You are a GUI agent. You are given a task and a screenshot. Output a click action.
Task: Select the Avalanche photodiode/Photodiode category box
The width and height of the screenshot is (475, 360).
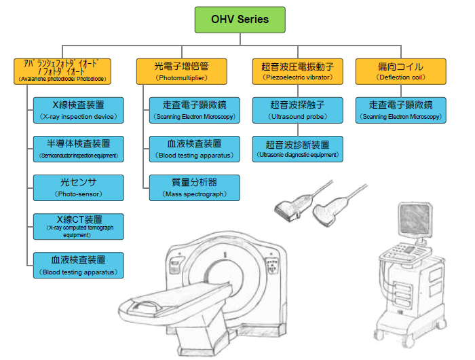pos(62,71)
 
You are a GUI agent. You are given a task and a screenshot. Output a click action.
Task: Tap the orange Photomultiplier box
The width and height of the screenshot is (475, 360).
pos(181,71)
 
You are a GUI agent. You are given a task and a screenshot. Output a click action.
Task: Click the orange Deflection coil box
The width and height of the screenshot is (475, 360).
pos(400,71)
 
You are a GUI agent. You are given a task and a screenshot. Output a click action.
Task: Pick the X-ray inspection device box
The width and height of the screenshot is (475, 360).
pos(79,110)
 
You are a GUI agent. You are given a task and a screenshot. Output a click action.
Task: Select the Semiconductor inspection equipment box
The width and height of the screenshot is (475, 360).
pos(79,149)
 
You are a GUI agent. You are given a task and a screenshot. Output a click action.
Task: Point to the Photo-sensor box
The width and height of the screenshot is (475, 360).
pos(79,187)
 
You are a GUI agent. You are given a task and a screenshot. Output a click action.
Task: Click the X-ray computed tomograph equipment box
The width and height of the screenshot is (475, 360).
pos(79,226)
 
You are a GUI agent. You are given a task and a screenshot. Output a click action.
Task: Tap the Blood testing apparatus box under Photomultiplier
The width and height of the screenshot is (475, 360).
pos(195,149)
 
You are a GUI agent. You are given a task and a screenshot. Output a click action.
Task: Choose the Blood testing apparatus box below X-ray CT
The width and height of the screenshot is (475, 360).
pos(79,265)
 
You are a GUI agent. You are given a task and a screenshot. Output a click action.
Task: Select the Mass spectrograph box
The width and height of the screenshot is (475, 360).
pos(195,187)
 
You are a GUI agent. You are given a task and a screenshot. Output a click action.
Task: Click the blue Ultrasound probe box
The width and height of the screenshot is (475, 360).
pos(297,110)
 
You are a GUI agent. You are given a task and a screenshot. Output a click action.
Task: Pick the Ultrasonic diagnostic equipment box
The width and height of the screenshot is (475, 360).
pos(297,149)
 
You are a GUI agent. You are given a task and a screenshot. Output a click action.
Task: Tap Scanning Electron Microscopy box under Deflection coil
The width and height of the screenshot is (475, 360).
pos(400,110)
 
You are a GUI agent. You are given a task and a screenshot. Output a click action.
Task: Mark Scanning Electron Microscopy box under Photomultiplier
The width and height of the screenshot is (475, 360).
pos(195,110)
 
